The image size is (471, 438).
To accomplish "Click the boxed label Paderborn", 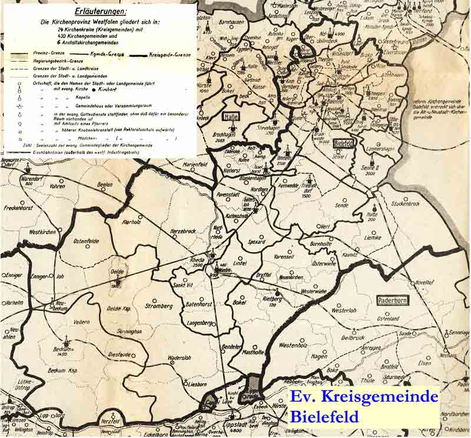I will (393, 300).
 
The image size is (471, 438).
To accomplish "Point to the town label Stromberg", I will (158, 306).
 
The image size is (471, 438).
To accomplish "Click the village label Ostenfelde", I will (86, 241).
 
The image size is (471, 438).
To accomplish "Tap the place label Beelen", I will (104, 185).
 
